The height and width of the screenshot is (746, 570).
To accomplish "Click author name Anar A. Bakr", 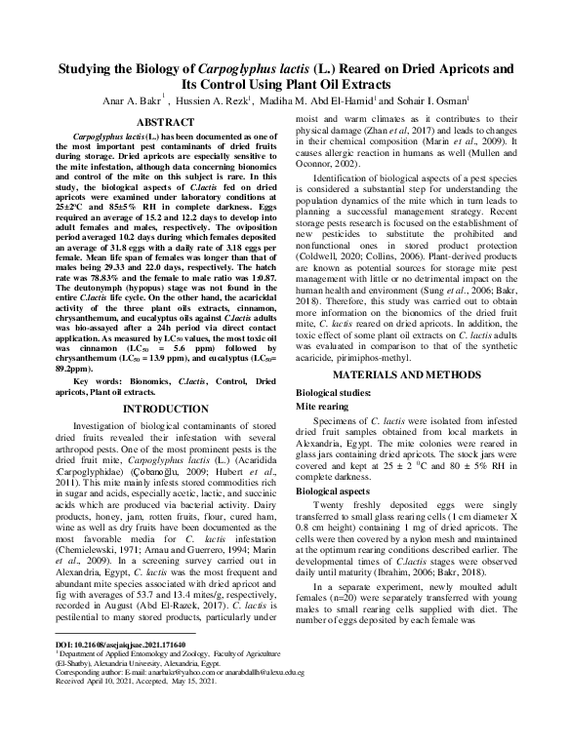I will (135, 100).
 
